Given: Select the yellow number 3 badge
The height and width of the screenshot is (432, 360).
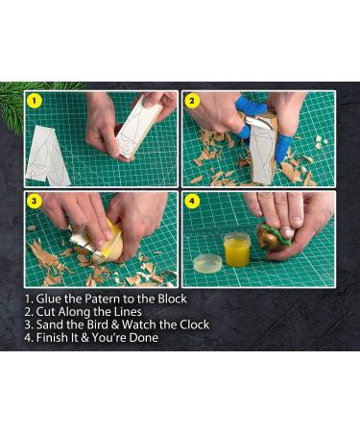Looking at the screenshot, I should [x=35, y=202].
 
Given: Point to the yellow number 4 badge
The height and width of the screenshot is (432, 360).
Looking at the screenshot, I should [x=192, y=202].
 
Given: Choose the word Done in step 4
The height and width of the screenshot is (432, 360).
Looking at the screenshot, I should [x=140, y=338].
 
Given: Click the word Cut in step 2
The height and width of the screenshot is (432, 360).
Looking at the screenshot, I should [x=48, y=312].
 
